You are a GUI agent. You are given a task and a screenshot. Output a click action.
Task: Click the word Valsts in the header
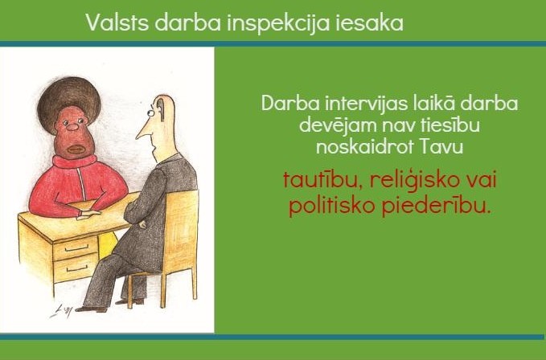pos(117,22)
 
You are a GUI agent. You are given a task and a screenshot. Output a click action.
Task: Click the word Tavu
pos(441,146)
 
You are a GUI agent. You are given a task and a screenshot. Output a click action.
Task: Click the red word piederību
pos(437,206)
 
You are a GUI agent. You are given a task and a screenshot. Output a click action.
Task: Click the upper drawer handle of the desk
pos(76,248)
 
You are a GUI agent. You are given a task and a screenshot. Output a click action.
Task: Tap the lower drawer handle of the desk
pos(76,268)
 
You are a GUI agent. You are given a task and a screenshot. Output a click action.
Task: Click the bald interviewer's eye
pos(150,112)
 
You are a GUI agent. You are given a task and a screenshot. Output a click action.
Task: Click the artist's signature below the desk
pos(61,310)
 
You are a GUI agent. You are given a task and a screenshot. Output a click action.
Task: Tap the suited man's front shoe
pos(91,309)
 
